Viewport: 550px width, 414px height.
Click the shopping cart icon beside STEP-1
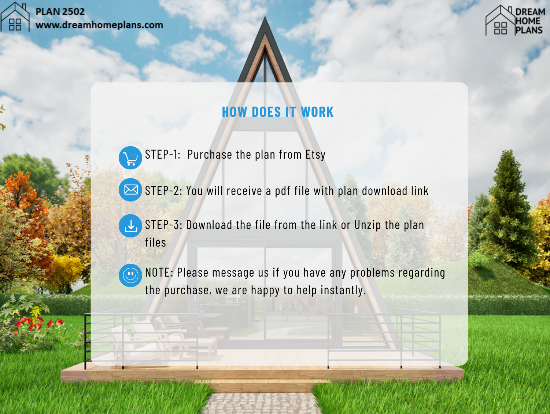click(x=130, y=158)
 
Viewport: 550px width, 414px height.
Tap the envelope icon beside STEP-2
click(x=130, y=190)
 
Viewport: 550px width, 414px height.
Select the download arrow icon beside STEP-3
click(x=130, y=226)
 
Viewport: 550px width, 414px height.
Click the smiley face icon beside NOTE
click(x=130, y=275)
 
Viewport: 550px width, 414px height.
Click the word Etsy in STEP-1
click(x=315, y=155)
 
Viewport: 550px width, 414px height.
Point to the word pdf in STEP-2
click(x=283, y=191)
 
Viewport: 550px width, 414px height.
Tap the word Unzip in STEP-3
click(x=367, y=225)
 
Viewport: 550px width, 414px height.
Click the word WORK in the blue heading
click(x=317, y=112)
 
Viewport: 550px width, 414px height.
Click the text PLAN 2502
click(x=60, y=12)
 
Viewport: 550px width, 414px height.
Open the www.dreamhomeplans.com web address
click(x=99, y=25)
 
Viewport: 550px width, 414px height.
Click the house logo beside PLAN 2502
click(x=15, y=17)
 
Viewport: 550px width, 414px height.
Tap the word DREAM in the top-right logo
click(x=530, y=12)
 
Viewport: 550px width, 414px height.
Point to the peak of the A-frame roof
click(x=265, y=17)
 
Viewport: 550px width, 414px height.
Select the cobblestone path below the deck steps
click(x=262, y=404)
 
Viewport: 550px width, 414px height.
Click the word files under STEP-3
click(x=156, y=243)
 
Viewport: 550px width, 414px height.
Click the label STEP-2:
click(x=164, y=191)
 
